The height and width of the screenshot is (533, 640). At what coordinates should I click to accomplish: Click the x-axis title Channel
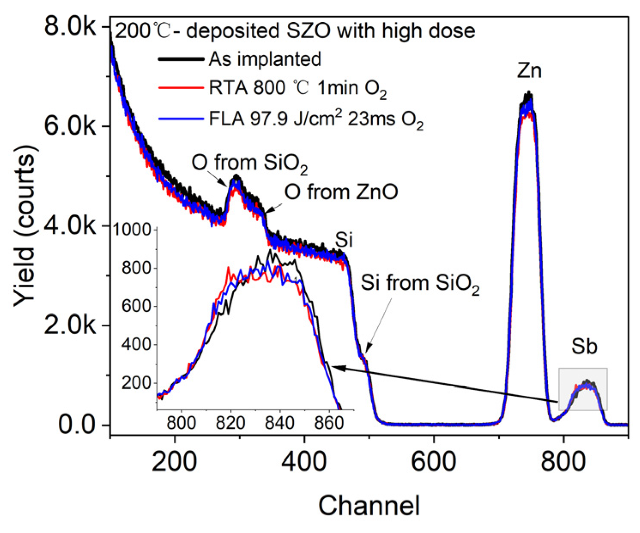coord(369,505)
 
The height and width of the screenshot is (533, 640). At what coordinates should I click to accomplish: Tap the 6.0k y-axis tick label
coord(71,126)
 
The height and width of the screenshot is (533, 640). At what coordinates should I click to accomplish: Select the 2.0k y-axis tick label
coord(71,326)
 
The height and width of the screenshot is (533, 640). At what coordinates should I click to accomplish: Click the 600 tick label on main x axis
coord(434,461)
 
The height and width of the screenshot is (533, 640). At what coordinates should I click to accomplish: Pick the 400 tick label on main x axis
coord(304,461)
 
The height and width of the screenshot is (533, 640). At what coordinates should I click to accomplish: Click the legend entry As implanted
coord(265,59)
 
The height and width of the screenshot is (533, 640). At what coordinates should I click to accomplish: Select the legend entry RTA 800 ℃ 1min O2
coord(297,88)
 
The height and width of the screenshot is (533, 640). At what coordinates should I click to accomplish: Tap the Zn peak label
coord(529,70)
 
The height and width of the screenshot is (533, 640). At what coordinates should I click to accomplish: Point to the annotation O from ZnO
coord(341,192)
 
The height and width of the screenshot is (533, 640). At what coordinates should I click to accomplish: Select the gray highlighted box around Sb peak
coord(583,389)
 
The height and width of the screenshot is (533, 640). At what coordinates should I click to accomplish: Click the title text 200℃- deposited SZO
coord(295,31)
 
